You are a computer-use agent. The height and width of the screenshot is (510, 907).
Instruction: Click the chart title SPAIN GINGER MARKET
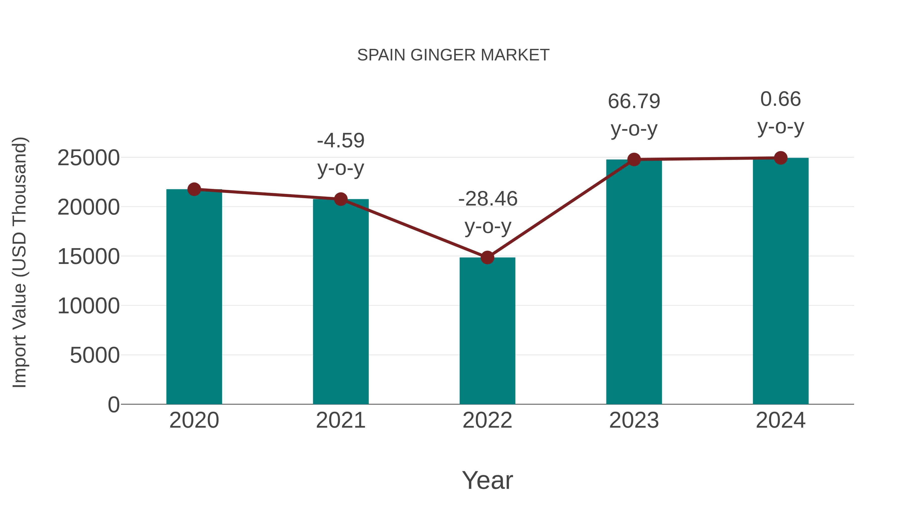click(453, 55)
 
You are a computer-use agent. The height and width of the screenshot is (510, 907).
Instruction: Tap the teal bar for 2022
click(487, 331)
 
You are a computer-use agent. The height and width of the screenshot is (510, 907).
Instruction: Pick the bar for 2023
click(634, 282)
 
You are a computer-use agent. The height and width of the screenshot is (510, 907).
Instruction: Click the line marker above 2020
click(194, 189)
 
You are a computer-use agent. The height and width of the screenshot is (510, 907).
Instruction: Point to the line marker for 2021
click(340, 199)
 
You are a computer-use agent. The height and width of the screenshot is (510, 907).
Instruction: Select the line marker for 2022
click(487, 258)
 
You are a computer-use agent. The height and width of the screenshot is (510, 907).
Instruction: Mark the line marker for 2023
click(634, 159)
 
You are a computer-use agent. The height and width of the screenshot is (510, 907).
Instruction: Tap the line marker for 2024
click(781, 158)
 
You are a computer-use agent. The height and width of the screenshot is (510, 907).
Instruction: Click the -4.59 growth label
click(340, 141)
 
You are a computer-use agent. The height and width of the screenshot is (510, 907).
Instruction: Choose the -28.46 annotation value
click(488, 199)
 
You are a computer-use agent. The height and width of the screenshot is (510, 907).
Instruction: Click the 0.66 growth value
click(781, 99)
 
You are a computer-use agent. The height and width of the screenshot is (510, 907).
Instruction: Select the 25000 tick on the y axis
click(88, 158)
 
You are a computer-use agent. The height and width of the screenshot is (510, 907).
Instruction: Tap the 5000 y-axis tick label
click(95, 355)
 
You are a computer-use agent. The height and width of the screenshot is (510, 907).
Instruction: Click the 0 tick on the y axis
click(113, 404)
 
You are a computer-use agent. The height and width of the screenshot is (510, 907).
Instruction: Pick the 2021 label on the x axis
click(340, 420)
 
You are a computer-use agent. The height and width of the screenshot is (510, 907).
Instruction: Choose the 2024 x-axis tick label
click(781, 420)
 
